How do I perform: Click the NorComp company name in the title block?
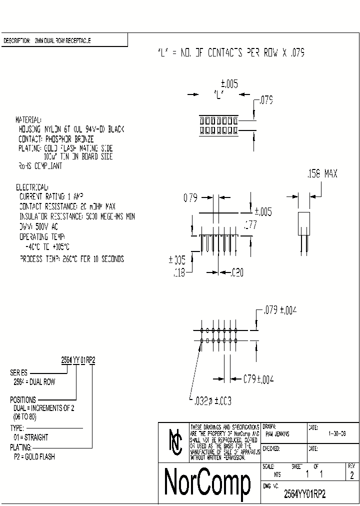[207, 483]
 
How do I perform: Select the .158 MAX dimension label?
[321, 174]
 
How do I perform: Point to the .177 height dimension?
[250, 225]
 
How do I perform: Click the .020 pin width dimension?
[237, 272]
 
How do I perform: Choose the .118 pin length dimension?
[178, 272]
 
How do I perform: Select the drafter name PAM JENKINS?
[277, 434]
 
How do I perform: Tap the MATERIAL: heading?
[28, 120]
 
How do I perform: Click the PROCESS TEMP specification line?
[71, 259]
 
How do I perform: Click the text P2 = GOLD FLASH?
[34, 457]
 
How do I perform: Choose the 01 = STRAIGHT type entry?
[30, 437]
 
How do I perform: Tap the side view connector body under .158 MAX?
[303, 223]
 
